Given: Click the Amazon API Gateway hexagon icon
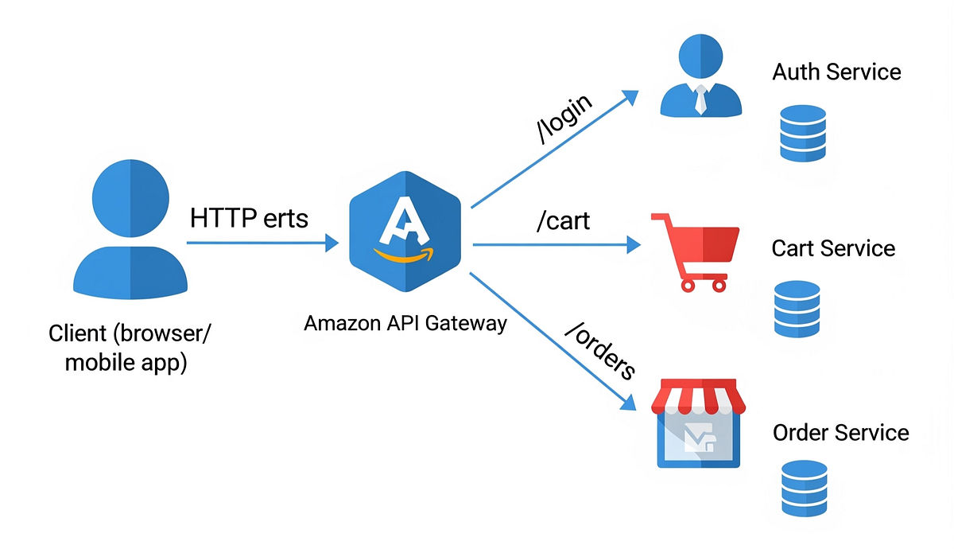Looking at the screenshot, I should (405, 232).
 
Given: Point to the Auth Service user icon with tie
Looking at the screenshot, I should (701, 78).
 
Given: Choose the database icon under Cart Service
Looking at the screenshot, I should (797, 308).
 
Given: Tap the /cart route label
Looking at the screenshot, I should (564, 220).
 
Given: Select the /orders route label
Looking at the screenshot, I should (599, 350).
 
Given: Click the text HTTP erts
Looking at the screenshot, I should (249, 218).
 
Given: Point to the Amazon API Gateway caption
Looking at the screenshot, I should (405, 324).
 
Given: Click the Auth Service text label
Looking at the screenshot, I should (836, 72).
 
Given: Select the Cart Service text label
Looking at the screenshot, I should (833, 248).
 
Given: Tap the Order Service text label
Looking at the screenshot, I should (840, 433).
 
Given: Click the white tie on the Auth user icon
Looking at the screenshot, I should (700, 99).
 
